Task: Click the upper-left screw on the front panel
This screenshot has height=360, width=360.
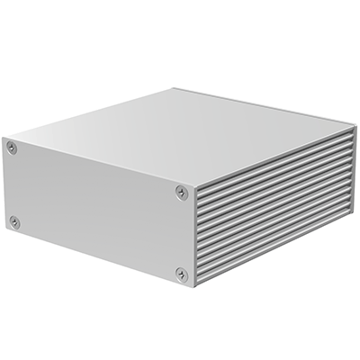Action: click(x=12, y=147)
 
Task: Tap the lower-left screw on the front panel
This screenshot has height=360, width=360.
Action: click(x=13, y=220)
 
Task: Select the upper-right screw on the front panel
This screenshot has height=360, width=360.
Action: click(x=182, y=192)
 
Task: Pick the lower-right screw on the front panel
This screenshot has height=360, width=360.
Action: click(x=182, y=273)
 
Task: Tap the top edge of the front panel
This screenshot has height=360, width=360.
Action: click(x=99, y=159)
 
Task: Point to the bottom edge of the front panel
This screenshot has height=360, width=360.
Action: click(x=99, y=259)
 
